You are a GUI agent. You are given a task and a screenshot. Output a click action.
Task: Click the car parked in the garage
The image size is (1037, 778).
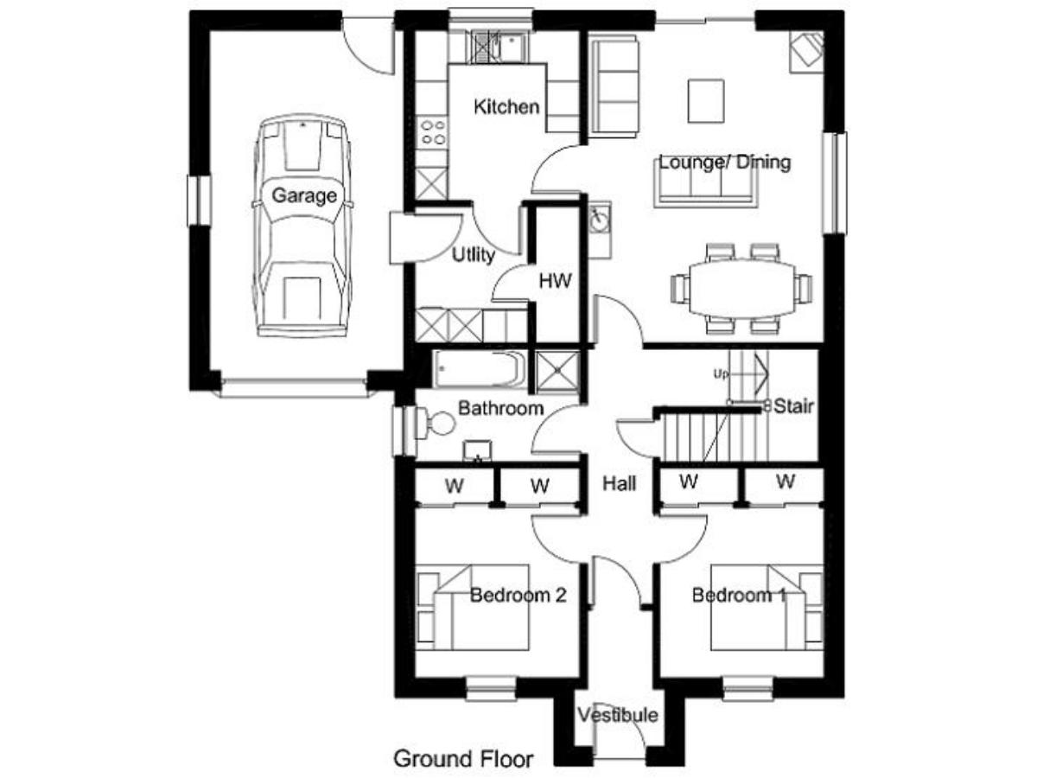(302, 226)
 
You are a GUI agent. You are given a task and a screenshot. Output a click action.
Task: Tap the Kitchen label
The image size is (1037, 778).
(506, 107)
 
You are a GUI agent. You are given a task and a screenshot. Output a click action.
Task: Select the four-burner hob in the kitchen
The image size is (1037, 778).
(433, 132)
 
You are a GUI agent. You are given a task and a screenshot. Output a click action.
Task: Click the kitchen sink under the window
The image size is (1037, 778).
(498, 47)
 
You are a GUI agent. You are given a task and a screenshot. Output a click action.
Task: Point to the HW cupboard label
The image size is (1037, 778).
(555, 281)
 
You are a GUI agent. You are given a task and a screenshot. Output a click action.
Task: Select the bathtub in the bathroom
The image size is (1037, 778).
(480, 369)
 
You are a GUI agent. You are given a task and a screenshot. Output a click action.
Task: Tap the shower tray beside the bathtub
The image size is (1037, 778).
(557, 372)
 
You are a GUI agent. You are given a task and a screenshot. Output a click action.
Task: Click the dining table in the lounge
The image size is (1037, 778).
(741, 289)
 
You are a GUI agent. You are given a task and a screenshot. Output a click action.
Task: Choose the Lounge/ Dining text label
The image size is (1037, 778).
(725, 163)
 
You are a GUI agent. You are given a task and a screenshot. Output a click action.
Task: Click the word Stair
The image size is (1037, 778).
(793, 406)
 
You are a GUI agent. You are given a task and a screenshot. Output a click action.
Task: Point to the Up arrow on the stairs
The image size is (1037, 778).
(742, 374)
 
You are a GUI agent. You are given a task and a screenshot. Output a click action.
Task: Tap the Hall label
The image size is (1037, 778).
(619, 484)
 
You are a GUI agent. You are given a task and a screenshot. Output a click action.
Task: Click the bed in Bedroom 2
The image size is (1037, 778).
(473, 607)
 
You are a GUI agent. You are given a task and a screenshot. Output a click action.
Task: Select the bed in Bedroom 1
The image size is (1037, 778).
(767, 607)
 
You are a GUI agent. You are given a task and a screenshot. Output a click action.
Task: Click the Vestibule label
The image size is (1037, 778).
(618, 716)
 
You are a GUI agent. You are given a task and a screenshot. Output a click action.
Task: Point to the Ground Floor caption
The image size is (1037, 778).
(463, 759)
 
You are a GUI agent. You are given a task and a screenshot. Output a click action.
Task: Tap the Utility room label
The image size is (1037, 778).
(474, 255)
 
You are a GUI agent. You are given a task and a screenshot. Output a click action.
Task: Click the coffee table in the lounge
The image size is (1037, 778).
(706, 101)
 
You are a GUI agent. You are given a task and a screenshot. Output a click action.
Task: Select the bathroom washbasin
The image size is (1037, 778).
(478, 450)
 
